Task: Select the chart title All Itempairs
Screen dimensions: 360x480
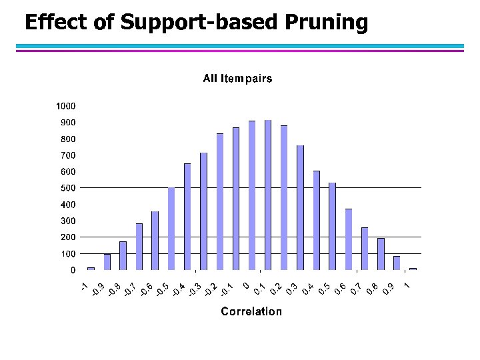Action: point(237,79)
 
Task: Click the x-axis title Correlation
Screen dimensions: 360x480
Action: point(251,311)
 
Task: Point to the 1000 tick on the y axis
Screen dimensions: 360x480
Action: point(65,106)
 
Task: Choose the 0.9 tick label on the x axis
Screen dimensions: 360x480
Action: point(391,289)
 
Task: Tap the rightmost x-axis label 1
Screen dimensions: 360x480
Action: point(407,286)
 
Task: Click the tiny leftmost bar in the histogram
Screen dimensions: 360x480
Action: point(91,269)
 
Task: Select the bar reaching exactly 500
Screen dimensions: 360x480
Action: point(171,229)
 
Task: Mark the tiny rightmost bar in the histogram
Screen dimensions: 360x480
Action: point(413,269)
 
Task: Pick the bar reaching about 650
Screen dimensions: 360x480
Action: point(187,217)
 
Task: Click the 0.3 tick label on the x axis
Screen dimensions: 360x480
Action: point(291,289)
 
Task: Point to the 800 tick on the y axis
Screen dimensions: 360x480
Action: point(67,139)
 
